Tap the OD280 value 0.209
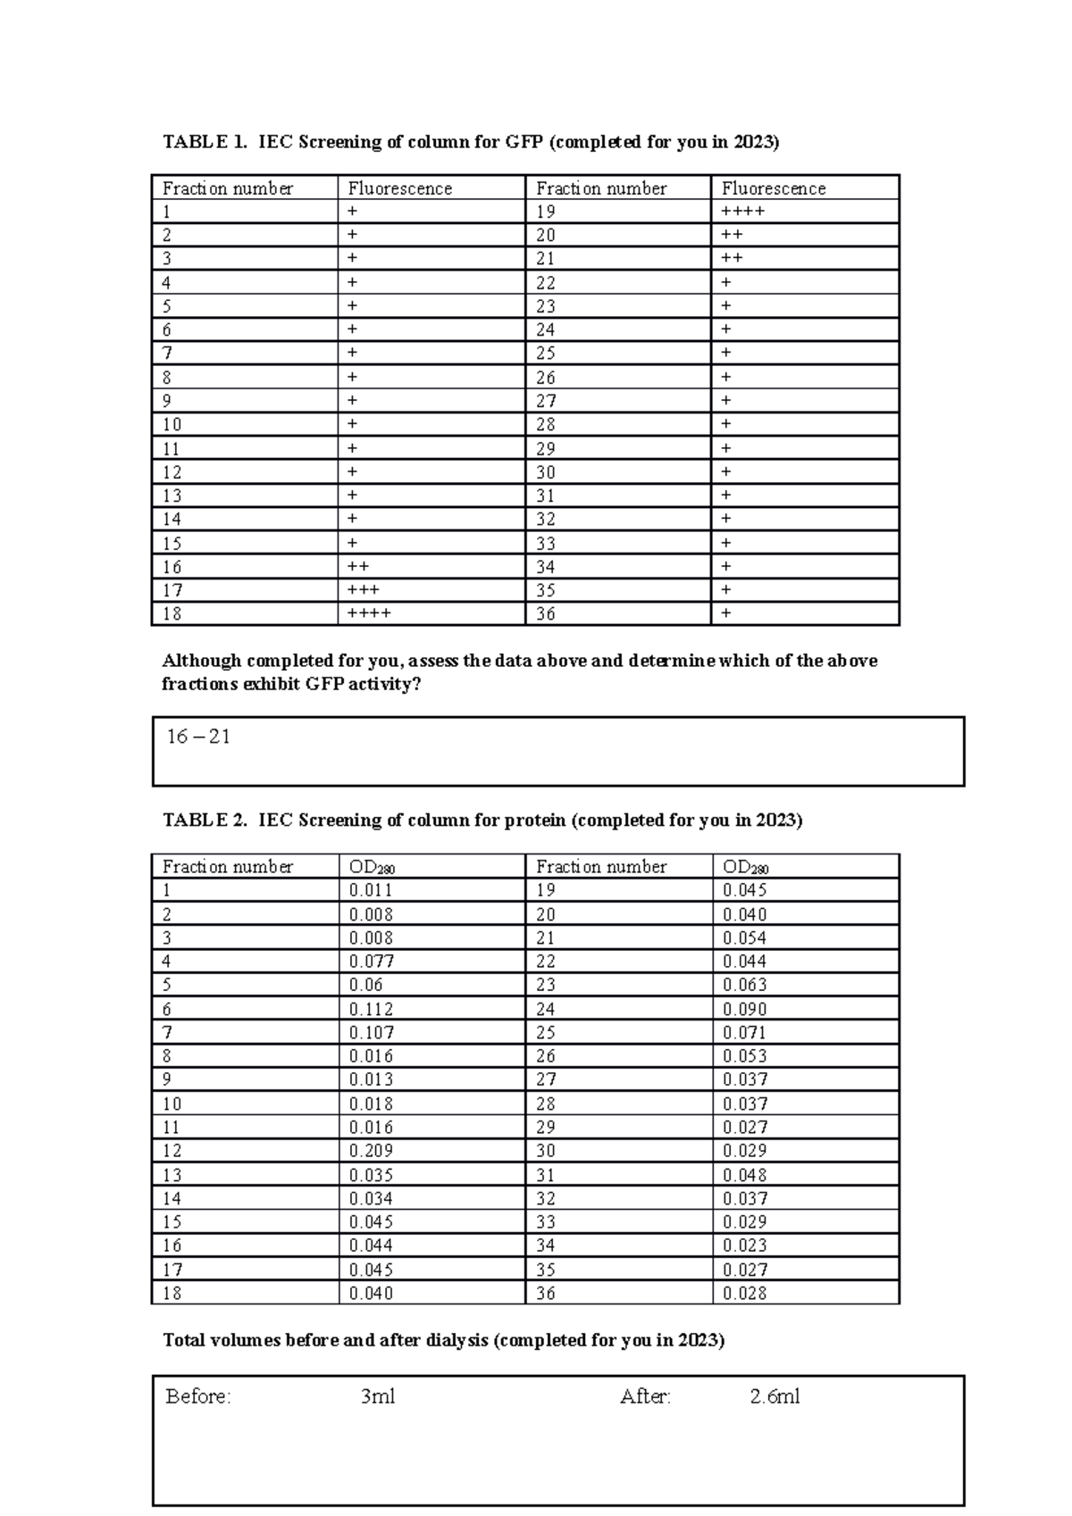click(x=371, y=1151)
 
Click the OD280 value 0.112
click(x=371, y=1009)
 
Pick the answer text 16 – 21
click(x=198, y=737)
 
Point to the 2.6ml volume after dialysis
click(x=775, y=1396)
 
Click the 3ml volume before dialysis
click(x=377, y=1396)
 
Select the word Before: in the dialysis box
click(x=198, y=1396)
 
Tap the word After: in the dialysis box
click(x=645, y=1396)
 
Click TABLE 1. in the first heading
click(x=204, y=142)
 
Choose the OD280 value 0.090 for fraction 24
click(x=744, y=1009)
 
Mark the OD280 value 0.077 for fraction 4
click(x=371, y=962)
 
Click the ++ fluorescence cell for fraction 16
click(x=358, y=567)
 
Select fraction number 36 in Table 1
click(x=545, y=613)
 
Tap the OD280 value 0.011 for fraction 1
click(x=371, y=890)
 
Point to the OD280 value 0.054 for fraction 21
click(x=744, y=937)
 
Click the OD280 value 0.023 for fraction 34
click(x=744, y=1245)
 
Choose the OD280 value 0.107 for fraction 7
click(x=371, y=1032)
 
